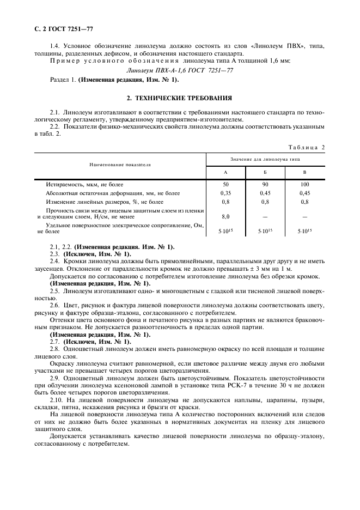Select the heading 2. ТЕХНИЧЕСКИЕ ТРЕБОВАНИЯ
179,98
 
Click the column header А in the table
225,173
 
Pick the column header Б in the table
265,173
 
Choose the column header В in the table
304,173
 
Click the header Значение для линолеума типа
265,159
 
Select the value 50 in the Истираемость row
225,185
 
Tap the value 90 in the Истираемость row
265,185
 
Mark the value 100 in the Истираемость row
304,185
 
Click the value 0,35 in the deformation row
225,193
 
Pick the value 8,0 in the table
225,216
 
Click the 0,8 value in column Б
265,202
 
